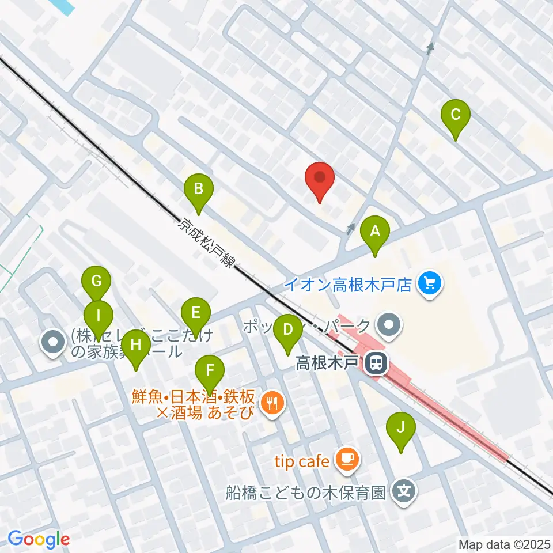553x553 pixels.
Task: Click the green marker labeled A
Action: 375,232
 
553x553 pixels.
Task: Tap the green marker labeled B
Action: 198,189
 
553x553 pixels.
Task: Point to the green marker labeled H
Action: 136,346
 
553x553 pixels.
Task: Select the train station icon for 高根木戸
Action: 377,363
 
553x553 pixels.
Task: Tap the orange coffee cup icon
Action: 346,459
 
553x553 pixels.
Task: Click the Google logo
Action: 39,540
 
